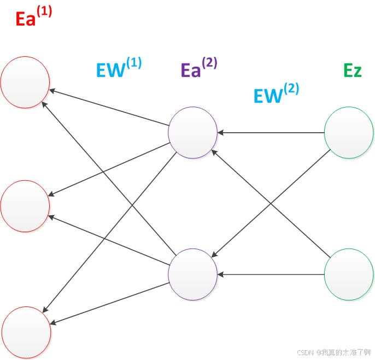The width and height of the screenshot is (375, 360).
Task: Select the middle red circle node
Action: tap(25, 206)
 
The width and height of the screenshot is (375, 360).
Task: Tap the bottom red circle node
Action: tap(26, 332)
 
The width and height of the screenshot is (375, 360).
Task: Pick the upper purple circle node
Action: tap(192, 132)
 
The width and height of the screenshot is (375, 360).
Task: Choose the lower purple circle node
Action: tap(192, 274)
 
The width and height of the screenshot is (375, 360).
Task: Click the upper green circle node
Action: tap(349, 132)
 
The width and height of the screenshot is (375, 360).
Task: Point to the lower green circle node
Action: tap(349, 274)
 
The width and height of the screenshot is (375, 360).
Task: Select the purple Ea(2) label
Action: tap(198, 68)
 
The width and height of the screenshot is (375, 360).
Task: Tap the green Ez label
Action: tap(352, 70)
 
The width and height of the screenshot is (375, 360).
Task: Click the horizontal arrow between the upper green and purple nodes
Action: tap(271, 132)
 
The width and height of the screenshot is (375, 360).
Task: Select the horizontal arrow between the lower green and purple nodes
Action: tap(271, 274)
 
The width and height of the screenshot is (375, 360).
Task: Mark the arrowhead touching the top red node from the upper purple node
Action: tap(52, 91)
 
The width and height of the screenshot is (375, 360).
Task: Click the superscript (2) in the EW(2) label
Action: tap(291, 88)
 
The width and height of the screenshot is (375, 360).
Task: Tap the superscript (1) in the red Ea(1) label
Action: tap(44, 11)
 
